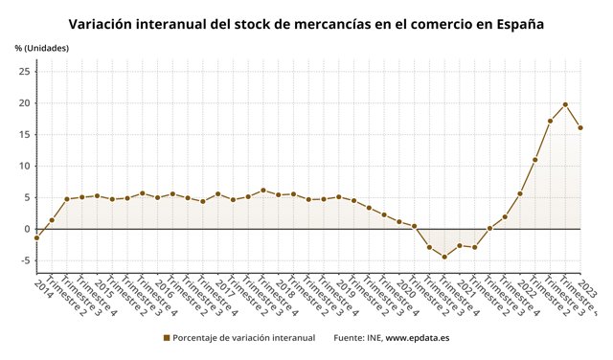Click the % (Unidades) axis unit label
[41, 48]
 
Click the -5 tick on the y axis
[25, 260]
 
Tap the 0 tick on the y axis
[28, 229]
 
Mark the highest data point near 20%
[565, 104]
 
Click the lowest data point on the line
[444, 257]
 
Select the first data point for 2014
[36, 237]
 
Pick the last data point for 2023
[580, 127]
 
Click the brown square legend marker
[167, 338]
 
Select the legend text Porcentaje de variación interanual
[244, 338]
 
